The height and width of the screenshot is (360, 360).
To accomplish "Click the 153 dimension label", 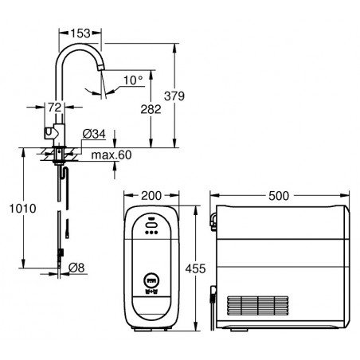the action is click(x=80, y=33).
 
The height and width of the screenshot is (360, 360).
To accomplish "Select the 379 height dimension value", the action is click(x=174, y=96).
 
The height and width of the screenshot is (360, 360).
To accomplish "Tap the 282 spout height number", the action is click(x=151, y=109).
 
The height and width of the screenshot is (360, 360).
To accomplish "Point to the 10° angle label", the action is click(x=133, y=80).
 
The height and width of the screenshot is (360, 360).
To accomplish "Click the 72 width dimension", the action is click(x=55, y=108).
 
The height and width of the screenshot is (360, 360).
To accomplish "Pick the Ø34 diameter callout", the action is click(x=94, y=134).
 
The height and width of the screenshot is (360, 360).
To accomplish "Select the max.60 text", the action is click(x=112, y=155).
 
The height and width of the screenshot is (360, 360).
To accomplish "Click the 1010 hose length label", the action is click(x=23, y=209).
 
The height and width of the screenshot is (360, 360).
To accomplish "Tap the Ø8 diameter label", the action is click(x=76, y=268).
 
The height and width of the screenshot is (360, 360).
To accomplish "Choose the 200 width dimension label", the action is click(x=151, y=196).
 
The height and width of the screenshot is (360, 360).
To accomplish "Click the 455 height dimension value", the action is click(x=195, y=268).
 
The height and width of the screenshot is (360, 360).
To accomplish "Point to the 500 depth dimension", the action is click(x=279, y=196).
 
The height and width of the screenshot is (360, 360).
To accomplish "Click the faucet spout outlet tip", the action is click(x=101, y=68).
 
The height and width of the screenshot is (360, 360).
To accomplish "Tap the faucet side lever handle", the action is click(x=49, y=133).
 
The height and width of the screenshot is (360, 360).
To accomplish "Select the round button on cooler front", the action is click(x=151, y=280).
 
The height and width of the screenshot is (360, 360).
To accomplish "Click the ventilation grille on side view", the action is click(x=258, y=306).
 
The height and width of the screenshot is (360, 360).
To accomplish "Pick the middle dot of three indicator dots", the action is click(x=151, y=233).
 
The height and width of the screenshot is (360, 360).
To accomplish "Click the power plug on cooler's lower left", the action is click(x=213, y=295).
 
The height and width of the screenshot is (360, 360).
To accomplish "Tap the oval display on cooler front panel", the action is click(x=151, y=225).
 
